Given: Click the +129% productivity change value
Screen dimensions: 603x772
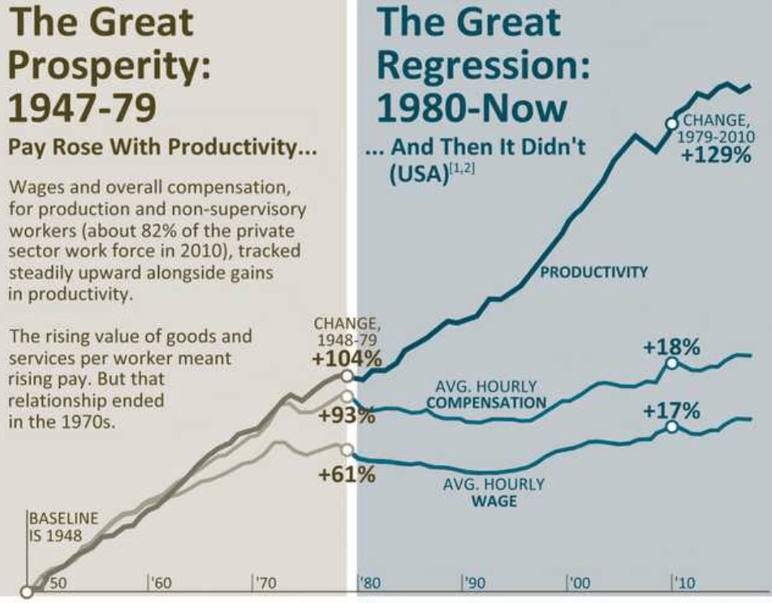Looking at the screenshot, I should (x=717, y=154).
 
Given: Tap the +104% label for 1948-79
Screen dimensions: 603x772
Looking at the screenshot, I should (x=347, y=358).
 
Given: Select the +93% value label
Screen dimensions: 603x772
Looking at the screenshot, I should (x=347, y=416).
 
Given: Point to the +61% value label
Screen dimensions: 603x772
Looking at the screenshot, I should (x=347, y=474).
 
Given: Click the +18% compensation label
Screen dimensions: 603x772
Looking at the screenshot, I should (x=671, y=347).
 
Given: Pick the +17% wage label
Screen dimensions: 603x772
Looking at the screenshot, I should (x=671, y=411).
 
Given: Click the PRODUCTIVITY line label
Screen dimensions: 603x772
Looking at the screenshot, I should (x=594, y=272).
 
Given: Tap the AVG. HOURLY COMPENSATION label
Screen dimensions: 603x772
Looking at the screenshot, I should (x=485, y=394).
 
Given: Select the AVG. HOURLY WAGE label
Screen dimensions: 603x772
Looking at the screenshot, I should (x=494, y=492).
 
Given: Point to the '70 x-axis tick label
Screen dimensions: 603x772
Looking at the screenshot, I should (x=265, y=583).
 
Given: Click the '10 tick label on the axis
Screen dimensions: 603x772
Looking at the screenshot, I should (x=684, y=583).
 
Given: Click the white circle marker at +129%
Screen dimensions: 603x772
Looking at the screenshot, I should (x=671, y=123).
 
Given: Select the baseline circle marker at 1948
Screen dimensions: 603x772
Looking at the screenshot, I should (x=28, y=592).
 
